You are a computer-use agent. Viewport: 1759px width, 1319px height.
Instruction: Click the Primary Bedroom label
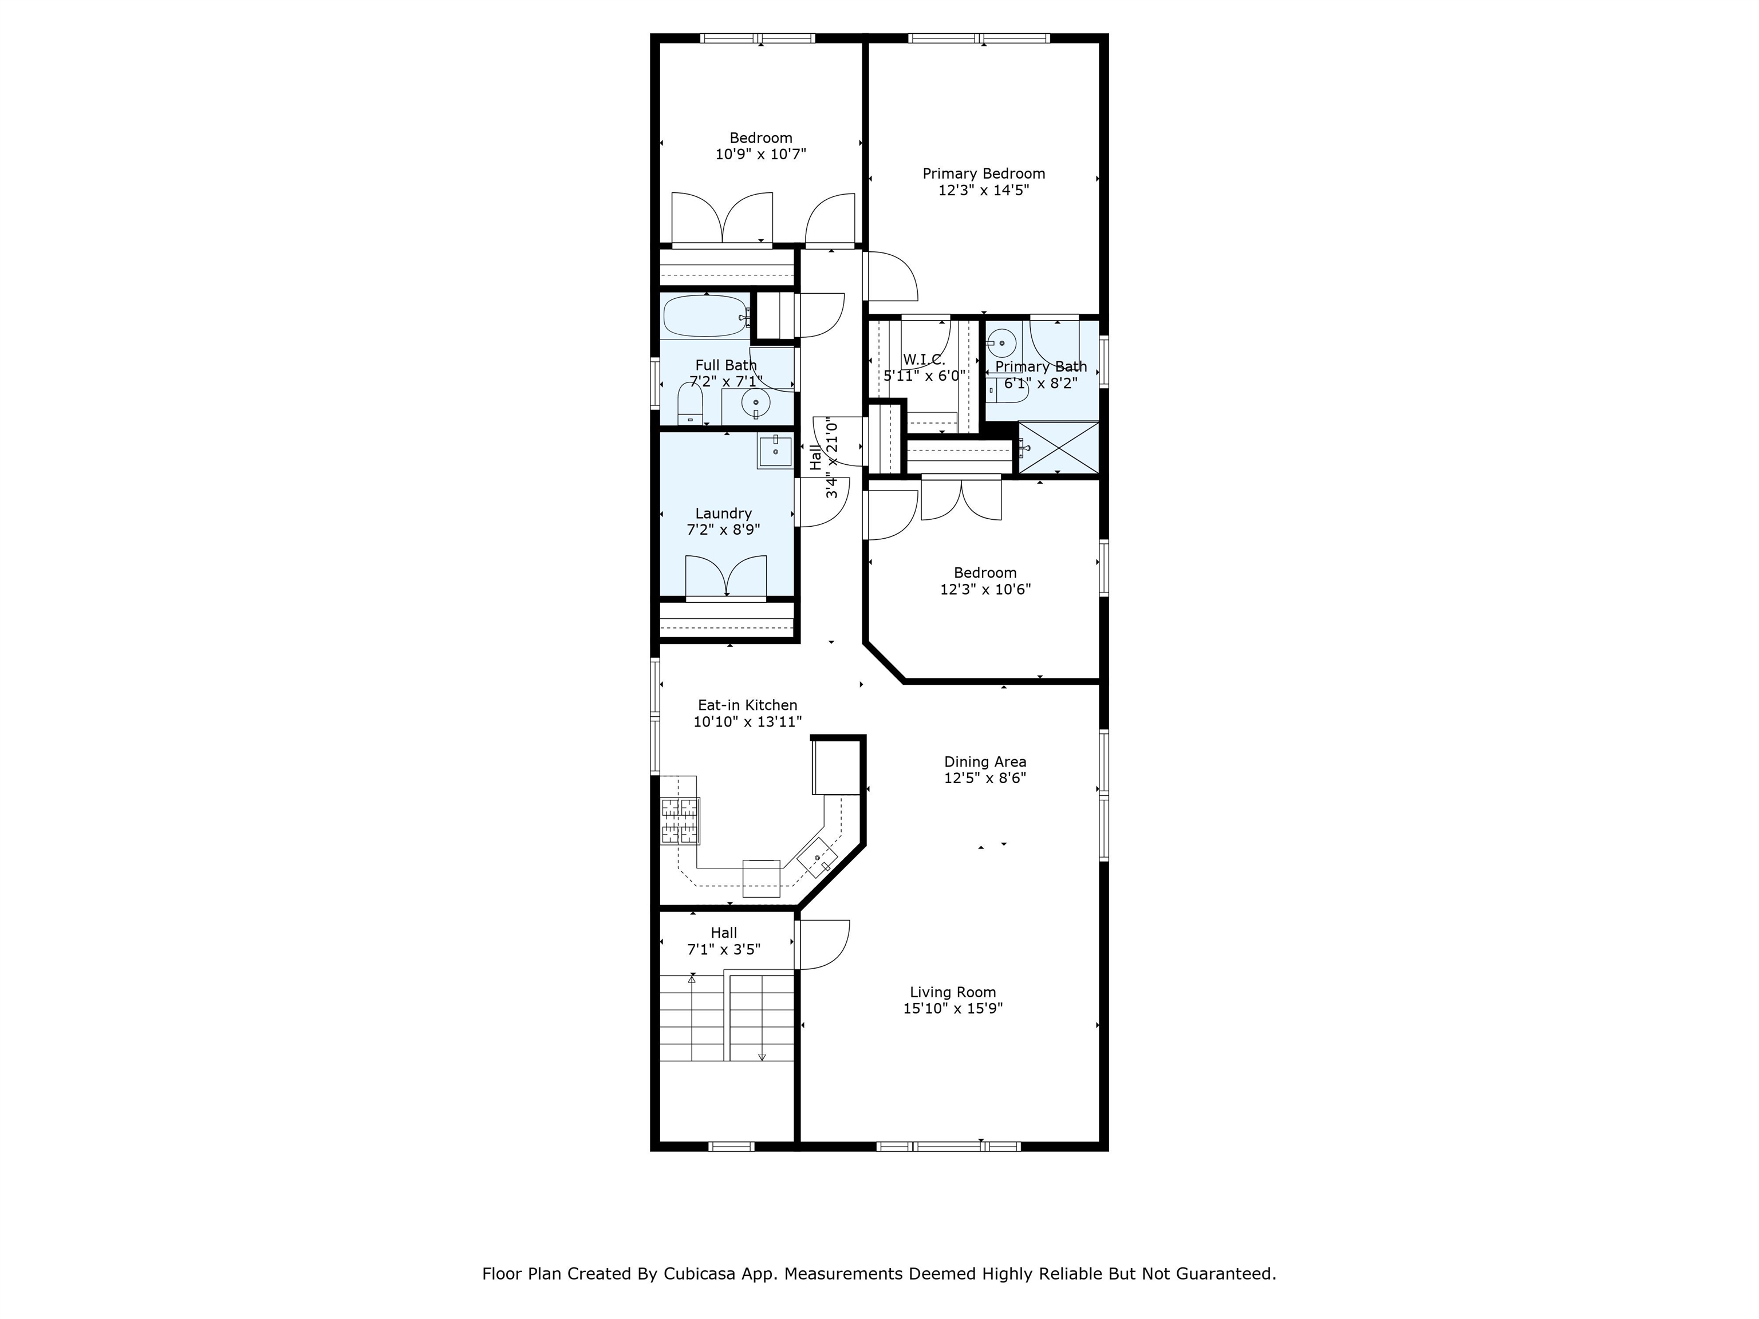click(984, 173)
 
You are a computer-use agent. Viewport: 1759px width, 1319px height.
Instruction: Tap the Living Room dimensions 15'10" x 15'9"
click(953, 1009)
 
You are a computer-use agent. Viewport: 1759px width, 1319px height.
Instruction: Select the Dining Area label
click(985, 761)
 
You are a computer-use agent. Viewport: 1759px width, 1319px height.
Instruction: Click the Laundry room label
click(724, 514)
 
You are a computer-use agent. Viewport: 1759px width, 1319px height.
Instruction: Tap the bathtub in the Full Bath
click(706, 317)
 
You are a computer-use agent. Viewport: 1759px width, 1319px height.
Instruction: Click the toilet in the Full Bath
click(690, 404)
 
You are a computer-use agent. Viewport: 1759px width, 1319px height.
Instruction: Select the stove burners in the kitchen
click(681, 820)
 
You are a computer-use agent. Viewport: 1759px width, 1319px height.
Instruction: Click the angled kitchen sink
click(817, 859)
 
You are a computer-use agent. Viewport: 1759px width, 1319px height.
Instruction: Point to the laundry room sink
click(775, 452)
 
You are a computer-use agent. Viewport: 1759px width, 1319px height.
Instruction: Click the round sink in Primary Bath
click(1002, 343)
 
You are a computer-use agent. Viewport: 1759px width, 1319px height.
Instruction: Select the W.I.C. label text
click(924, 360)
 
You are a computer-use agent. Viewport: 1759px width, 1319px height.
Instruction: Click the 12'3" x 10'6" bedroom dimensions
click(985, 589)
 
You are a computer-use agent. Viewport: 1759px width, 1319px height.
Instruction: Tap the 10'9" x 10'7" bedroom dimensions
click(761, 154)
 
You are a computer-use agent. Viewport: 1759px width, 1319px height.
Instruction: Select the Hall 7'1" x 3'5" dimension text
click(724, 949)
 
